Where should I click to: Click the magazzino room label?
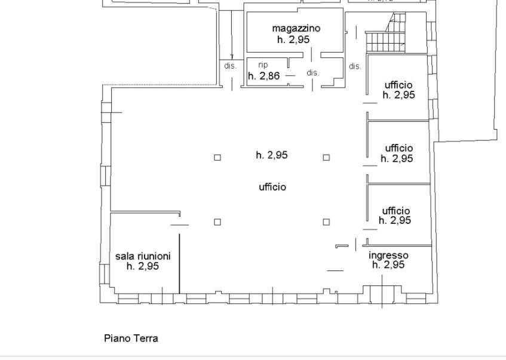(296, 29)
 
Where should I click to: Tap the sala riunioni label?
(143, 256)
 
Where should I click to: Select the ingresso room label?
(388, 256)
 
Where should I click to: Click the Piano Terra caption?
(131, 339)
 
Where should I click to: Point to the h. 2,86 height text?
(264, 76)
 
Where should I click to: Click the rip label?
(263, 65)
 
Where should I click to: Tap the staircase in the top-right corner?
(386, 33)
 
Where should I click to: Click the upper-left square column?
(217, 158)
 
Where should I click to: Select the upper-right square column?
(326, 158)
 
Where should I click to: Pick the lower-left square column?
(217, 222)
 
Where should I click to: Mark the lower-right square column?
(326, 222)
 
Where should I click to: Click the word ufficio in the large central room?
(272, 187)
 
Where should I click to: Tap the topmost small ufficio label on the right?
(398, 85)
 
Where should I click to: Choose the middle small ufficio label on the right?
(399, 148)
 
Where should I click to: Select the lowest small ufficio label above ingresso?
(396, 211)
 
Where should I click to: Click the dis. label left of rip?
(231, 66)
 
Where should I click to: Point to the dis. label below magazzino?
(312, 73)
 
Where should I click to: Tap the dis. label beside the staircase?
(355, 66)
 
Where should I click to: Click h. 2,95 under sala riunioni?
(143, 266)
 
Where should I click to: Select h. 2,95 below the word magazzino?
(293, 39)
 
